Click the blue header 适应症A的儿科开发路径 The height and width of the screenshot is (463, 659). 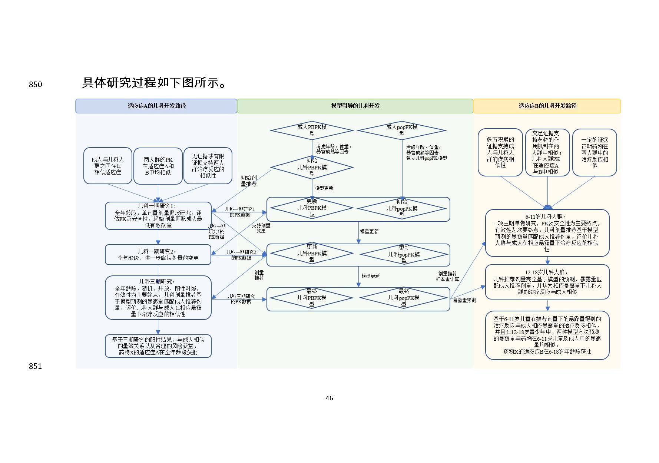pyautogui.click(x=156, y=106)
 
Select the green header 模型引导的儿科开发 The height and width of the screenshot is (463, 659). pyautogui.click(x=355, y=106)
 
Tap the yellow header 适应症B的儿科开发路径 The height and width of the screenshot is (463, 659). pyautogui.click(x=547, y=106)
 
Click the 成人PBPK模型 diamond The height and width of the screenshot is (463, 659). pyautogui.click(x=312, y=130)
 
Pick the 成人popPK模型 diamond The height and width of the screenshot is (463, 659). pyautogui.click(x=402, y=130)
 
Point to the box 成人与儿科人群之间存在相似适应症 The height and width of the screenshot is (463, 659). pyautogui.click(x=107, y=166)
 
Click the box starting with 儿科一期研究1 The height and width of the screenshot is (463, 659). pyautogui.click(x=158, y=215)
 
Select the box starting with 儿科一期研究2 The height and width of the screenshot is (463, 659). pyautogui.click(x=158, y=255)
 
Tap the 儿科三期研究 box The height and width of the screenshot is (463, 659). pyautogui.click(x=158, y=297)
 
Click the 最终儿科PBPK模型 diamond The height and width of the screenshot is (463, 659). pyautogui.click(x=312, y=298)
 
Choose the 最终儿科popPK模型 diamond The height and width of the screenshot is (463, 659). pyautogui.click(x=404, y=297)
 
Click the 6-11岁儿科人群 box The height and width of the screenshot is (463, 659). pyautogui.click(x=547, y=233)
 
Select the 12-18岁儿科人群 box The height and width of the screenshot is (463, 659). pyautogui.click(x=547, y=282)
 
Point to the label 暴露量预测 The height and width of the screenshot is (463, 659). pyautogui.click(x=464, y=300)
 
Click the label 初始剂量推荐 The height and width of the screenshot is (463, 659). pyautogui.click(x=248, y=181)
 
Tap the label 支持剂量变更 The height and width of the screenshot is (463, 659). pyautogui.click(x=261, y=228)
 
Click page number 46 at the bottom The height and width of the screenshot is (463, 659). pyautogui.click(x=329, y=398)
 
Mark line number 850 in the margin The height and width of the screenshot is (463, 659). pyautogui.click(x=36, y=85)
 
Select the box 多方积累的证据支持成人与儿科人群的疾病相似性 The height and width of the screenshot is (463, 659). pyautogui.click(x=500, y=152)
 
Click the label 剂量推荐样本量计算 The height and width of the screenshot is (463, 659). pyautogui.click(x=447, y=276)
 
